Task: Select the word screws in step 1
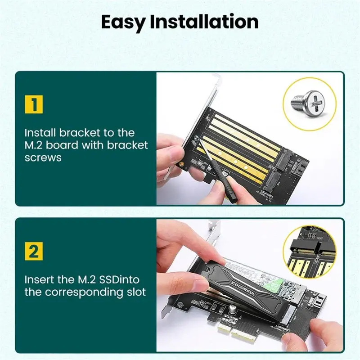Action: tap(43, 158)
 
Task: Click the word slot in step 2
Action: tap(133, 292)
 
